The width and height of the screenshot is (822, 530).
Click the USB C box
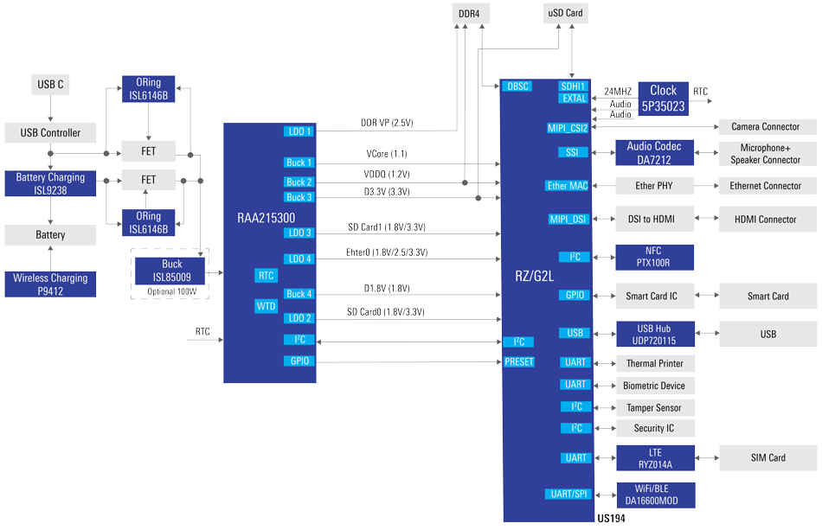point(50,85)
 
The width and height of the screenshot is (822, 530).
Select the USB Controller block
point(50,132)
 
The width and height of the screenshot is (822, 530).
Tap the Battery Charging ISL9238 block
point(50,183)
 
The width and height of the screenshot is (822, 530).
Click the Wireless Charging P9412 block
point(50,284)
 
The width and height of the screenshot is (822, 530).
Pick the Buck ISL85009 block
point(171,271)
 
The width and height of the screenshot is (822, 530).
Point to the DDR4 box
point(470,13)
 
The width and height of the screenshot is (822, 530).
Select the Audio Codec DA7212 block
point(654,153)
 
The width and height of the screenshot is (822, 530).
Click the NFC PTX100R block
point(654,257)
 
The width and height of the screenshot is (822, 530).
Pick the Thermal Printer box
point(654,363)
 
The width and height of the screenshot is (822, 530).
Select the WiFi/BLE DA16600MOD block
point(654,495)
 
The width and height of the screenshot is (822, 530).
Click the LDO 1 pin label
point(299,131)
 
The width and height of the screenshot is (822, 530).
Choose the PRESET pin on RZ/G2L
point(519,362)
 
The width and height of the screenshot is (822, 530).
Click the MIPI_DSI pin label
point(568,219)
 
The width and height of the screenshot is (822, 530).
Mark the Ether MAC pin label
point(568,186)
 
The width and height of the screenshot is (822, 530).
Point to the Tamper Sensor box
point(654,407)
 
